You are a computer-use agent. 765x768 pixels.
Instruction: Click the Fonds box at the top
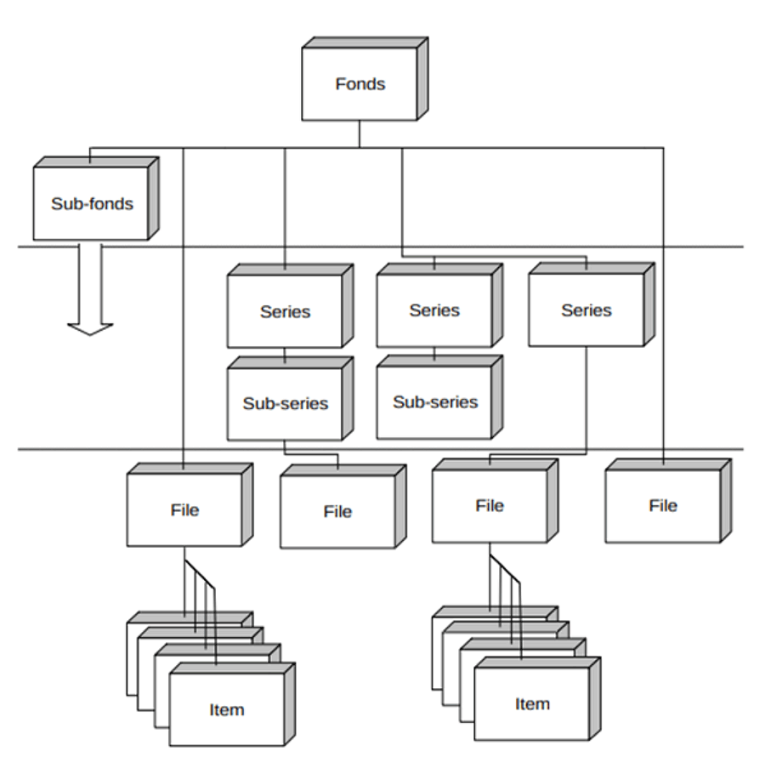[x=360, y=83]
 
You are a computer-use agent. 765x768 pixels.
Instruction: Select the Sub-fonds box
[x=92, y=204]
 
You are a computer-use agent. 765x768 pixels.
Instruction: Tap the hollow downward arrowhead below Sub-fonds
[x=90, y=327]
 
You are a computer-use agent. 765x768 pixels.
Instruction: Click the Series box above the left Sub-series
[x=285, y=311]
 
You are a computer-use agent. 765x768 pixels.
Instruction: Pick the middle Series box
[x=434, y=310]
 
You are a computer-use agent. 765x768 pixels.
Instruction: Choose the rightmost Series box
[x=586, y=310]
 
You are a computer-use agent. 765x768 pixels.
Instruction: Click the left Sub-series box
[x=285, y=403]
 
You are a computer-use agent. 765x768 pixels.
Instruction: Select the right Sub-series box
[x=434, y=402]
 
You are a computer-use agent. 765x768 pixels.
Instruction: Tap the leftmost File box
[x=184, y=510]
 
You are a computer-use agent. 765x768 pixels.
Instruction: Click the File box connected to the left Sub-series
[x=337, y=512]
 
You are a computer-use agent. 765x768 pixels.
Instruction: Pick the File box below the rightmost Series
[x=490, y=506]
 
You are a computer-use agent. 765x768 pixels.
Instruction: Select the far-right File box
[x=663, y=506]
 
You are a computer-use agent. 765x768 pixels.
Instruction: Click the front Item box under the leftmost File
[x=226, y=710]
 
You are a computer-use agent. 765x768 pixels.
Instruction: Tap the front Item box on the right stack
[x=531, y=704]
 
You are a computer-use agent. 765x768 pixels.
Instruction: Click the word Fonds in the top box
[x=360, y=84]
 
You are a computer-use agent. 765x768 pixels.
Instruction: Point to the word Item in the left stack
[x=226, y=710]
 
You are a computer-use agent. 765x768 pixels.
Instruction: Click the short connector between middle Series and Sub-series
[x=434, y=351]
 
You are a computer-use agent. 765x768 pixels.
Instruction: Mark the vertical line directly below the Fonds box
[x=360, y=134]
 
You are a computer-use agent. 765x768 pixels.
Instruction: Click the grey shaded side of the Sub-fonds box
[x=153, y=198]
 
